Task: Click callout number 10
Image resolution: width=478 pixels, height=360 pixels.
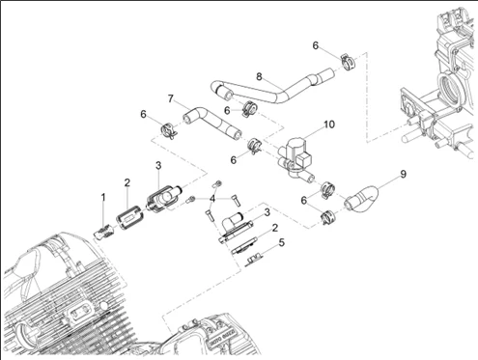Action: (329, 125)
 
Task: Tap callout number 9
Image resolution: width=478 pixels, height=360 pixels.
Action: (403, 174)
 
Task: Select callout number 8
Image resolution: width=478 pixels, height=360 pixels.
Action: (259, 76)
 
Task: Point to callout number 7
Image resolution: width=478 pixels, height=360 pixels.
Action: (171, 98)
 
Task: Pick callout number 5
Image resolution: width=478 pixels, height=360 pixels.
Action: (282, 242)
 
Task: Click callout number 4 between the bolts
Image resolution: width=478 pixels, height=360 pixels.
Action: (212, 199)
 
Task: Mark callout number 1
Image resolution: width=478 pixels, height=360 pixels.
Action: (103, 197)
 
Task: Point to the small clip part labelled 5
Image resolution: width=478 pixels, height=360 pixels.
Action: (254, 259)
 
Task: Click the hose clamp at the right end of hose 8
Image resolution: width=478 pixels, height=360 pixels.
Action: (348, 61)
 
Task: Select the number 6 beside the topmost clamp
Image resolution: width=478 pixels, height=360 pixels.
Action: (316, 45)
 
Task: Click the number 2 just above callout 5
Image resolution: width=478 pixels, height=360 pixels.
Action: (274, 228)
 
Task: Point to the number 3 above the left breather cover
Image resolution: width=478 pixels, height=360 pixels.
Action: (158, 166)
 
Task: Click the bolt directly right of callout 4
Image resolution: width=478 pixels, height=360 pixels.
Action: (236, 200)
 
